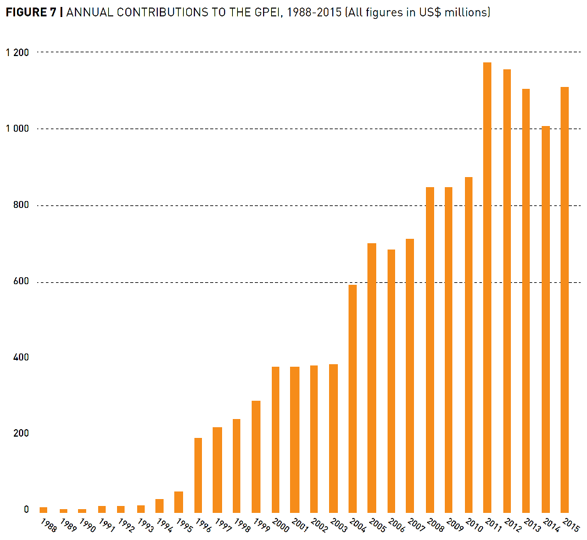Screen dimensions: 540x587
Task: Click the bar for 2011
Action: coord(487,287)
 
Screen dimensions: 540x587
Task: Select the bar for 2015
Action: coord(564,299)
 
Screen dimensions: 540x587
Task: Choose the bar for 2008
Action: coord(430,349)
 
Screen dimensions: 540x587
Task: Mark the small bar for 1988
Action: coord(43,509)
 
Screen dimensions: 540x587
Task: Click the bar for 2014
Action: coord(545,319)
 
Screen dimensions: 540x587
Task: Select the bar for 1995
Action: coord(179,502)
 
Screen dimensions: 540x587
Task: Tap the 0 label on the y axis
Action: coord(26,509)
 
